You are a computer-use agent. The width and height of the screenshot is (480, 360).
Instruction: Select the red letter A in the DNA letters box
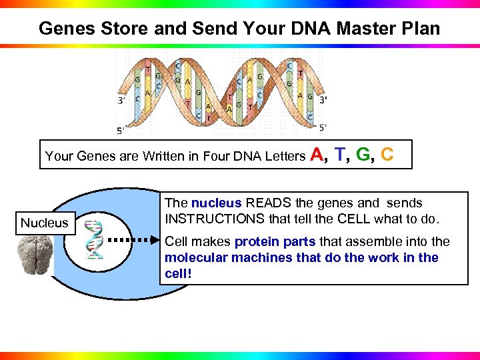[318, 155]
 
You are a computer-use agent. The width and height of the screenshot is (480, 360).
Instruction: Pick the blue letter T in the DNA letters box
[341, 155]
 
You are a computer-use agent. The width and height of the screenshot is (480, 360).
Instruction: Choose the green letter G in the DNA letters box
[363, 155]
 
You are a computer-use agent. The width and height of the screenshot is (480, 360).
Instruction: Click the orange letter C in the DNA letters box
[387, 155]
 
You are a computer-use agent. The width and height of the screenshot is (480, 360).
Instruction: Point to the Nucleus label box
[44, 223]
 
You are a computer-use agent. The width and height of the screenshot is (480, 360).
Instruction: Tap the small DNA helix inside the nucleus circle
[95, 239]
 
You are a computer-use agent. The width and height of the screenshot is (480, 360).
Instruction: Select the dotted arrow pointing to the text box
[134, 239]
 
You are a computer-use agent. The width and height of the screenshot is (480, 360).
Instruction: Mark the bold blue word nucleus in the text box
[217, 203]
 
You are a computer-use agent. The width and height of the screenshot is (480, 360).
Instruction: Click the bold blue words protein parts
[275, 241]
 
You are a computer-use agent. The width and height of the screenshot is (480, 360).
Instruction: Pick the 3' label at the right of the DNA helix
[323, 99]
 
